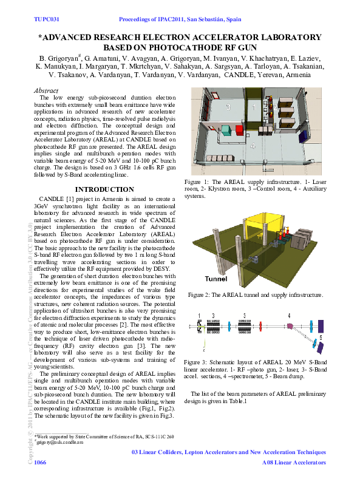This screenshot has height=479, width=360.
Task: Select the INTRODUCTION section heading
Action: pyautogui.click(x=108, y=189)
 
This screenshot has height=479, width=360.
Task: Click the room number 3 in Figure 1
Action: pyautogui.click(x=228, y=106)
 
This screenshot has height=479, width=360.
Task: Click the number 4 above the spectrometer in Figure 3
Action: pyautogui.click(x=290, y=316)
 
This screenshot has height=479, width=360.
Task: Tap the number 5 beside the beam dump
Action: pyautogui.click(x=321, y=336)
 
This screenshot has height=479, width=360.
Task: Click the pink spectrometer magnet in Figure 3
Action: pyautogui.click(x=290, y=326)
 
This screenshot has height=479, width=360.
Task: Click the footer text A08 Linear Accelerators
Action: pyautogui.click(x=294, y=463)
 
